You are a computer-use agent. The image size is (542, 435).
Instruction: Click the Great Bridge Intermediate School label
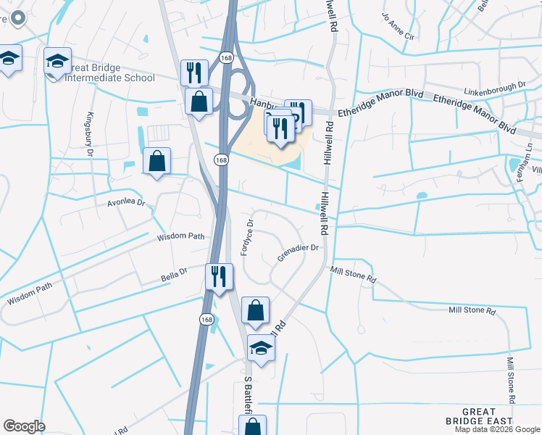tap(110, 71)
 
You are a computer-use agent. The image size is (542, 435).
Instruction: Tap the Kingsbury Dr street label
tap(91, 135)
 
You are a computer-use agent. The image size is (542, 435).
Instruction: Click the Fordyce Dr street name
tap(247, 238)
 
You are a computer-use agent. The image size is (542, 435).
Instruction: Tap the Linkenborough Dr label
tap(485, 86)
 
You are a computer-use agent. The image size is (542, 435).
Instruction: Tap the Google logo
tap(24, 426)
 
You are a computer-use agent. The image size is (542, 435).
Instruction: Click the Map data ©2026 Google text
tap(497, 429)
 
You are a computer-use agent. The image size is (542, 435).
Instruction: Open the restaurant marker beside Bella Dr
tap(218, 277)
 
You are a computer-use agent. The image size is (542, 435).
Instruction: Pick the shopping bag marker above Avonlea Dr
tap(157, 162)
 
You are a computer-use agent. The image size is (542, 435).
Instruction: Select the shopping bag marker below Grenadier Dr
tap(255, 311)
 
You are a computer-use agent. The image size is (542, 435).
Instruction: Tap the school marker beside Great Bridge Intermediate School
tap(57, 62)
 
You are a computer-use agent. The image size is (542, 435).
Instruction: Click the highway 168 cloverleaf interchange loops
tap(236, 98)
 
